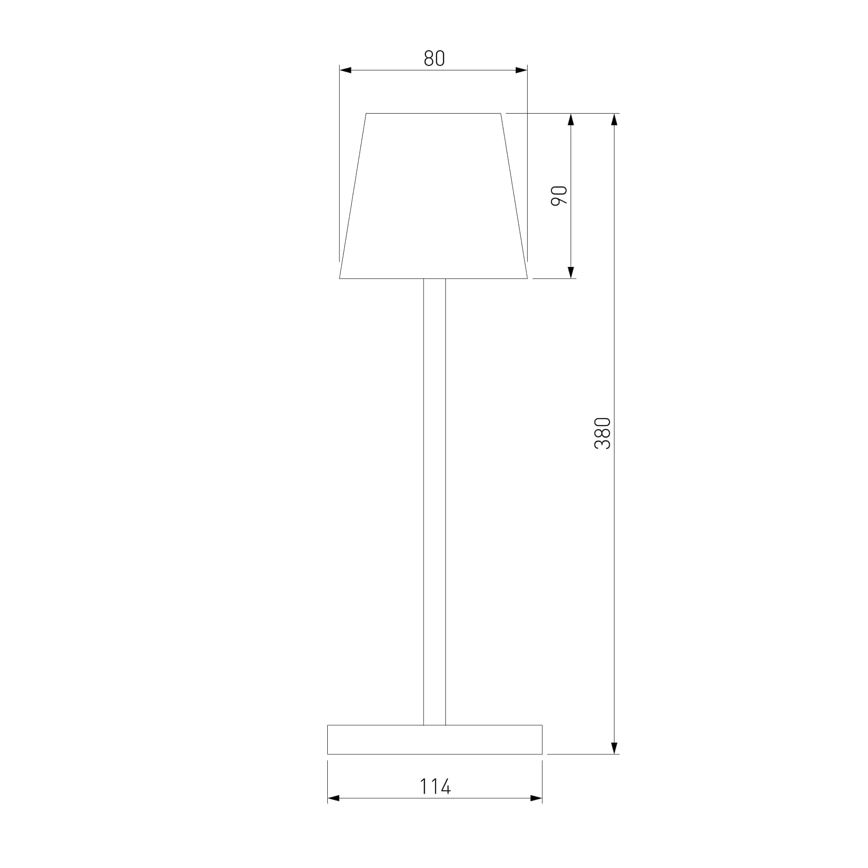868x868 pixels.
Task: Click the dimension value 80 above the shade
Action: [x=434, y=58]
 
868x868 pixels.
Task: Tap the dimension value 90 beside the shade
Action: [x=559, y=195]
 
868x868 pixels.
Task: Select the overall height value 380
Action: [x=602, y=434]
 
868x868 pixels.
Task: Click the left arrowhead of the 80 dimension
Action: [x=345, y=70]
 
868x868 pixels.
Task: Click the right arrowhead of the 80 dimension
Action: [x=521, y=70]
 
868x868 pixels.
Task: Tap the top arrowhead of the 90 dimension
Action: [x=571, y=119]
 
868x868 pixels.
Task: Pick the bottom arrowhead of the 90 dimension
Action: [x=571, y=272]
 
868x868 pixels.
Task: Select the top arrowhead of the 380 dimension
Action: [x=614, y=119]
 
